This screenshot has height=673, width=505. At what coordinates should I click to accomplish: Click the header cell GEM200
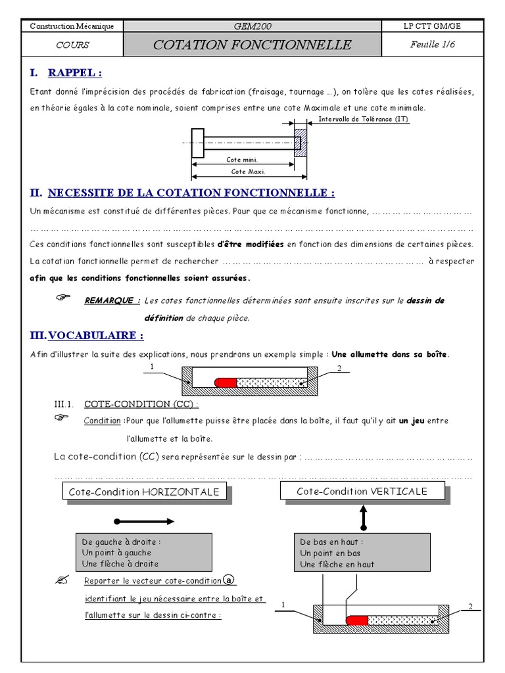pos(252,26)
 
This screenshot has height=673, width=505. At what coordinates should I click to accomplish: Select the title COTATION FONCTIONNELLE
pos(252,45)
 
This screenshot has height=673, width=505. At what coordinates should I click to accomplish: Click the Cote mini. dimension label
pos(242,160)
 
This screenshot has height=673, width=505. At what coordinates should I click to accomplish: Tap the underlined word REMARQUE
pos(112,300)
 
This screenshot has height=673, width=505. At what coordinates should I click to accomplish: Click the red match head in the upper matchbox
pos(226,382)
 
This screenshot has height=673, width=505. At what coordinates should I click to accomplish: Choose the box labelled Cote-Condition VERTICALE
pos(362,491)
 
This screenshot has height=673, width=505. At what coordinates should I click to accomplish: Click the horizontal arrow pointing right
pos(144,521)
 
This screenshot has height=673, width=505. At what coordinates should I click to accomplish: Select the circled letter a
pos(228,580)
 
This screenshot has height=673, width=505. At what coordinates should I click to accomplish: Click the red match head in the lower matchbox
pos(356,620)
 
